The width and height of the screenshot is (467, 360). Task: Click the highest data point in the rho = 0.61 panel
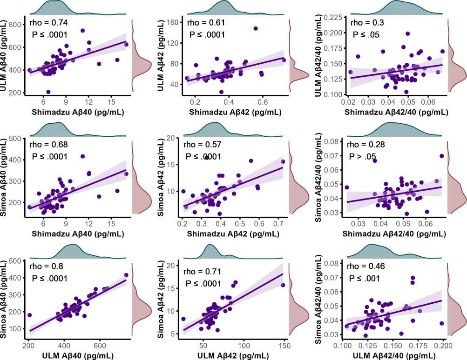(x=256, y=28)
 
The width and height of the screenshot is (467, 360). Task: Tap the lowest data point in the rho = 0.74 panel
(x=48, y=92)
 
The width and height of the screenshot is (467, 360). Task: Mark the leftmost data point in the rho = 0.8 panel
(x=30, y=315)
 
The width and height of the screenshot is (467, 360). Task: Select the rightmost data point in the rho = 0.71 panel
(x=283, y=285)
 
